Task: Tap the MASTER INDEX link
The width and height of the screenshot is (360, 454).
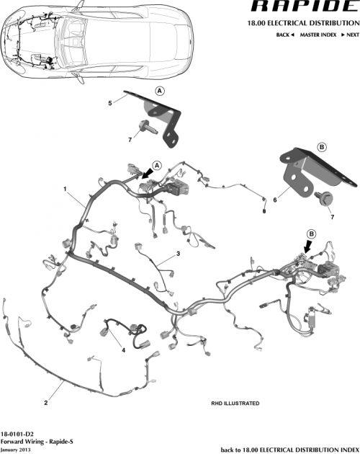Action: point(319,35)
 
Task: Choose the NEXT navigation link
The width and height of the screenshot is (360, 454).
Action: point(351,35)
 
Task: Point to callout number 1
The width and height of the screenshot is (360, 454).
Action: point(66,191)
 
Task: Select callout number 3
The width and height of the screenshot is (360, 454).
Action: point(178,254)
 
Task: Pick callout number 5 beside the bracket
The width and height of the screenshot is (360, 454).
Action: point(109,104)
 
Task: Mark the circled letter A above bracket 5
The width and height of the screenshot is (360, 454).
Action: point(159,90)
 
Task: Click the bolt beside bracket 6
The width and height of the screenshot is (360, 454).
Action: point(323,195)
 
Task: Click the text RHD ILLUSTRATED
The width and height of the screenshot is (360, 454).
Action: point(235,404)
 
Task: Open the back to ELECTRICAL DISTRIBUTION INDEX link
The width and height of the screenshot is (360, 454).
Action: point(289,447)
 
